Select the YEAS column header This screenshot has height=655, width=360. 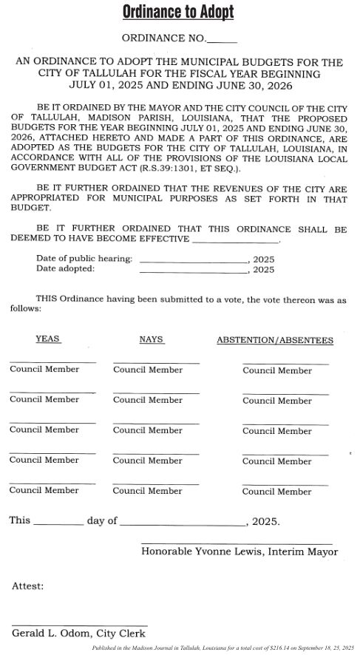pos(47,339)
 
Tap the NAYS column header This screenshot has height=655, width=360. pos(151,339)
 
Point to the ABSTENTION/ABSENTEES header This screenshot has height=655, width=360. pos(274,340)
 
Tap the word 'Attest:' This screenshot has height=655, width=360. pos(27,586)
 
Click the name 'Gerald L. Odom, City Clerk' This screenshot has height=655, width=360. pos(78,634)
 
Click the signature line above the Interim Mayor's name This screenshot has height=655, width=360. pos(237,543)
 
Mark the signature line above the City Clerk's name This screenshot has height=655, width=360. pos(79,625)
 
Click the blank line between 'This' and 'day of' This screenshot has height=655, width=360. pos(58,524)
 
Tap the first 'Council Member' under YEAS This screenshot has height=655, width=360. pos(44,369)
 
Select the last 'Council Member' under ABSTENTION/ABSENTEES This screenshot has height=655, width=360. pos(277,492)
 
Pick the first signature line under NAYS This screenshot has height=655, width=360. pos(156,362)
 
